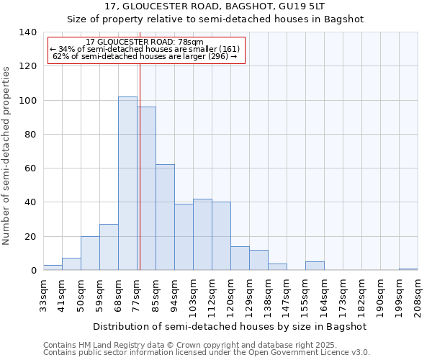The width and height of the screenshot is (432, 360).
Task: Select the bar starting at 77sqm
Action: click(147, 189)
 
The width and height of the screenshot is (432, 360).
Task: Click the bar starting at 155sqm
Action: click(315, 266)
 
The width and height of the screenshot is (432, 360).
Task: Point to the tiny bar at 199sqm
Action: click(408, 269)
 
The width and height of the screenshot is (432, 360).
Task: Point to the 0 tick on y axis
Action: click(33, 271)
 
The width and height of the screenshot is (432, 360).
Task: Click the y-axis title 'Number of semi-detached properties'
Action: click(7, 155)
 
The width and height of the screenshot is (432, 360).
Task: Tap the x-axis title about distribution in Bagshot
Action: click(230, 326)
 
